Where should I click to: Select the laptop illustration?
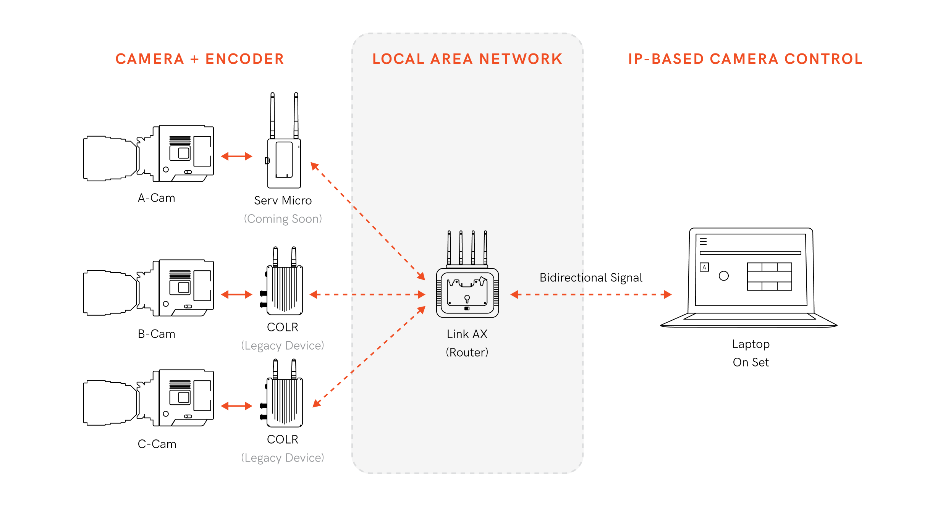click(x=749, y=278)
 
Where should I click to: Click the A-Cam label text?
click(x=157, y=198)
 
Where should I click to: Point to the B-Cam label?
click(x=157, y=334)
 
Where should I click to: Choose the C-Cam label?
click(x=157, y=444)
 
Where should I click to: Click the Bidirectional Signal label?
click(x=591, y=278)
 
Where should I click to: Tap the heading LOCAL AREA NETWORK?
click(x=467, y=59)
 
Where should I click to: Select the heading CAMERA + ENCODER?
click(x=200, y=59)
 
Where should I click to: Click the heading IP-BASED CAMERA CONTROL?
click(x=746, y=59)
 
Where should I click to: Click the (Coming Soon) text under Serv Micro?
click(x=283, y=219)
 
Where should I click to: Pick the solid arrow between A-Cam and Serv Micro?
click(x=236, y=156)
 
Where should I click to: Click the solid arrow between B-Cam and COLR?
click(x=236, y=294)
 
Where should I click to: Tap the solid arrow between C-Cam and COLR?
click(x=236, y=406)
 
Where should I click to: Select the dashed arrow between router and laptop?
click(x=591, y=294)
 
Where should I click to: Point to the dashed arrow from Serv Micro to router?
click(x=368, y=221)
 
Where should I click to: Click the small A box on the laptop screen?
click(x=704, y=267)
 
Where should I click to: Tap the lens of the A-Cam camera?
click(x=110, y=158)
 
